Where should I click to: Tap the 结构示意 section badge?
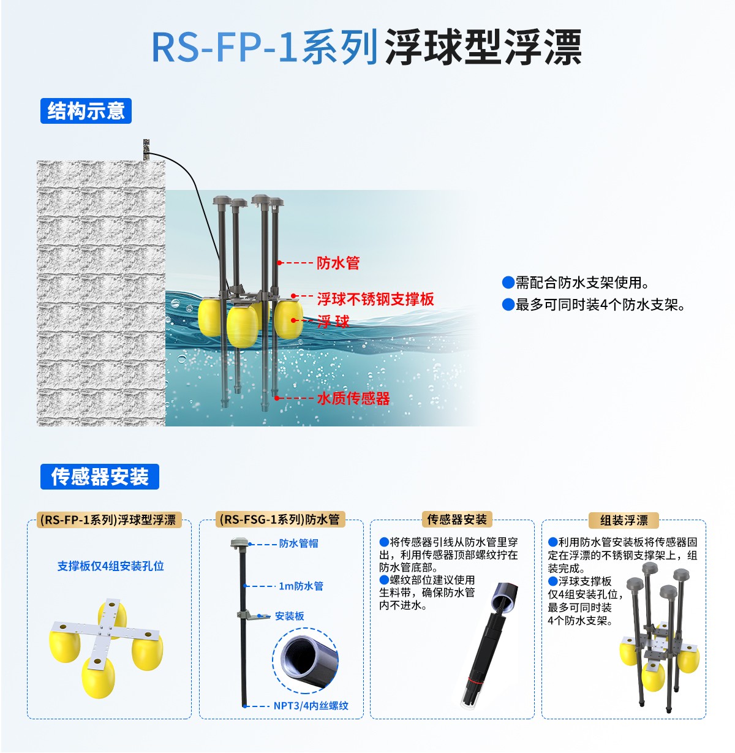click(86, 111)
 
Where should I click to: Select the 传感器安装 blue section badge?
click(100, 477)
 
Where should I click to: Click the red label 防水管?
click(338, 263)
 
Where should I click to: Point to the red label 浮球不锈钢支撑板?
click(375, 299)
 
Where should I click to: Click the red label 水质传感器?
click(353, 398)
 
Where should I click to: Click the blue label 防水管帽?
click(299, 543)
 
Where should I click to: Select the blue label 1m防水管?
click(301, 586)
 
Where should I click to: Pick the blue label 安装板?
click(290, 616)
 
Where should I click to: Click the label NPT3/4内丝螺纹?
click(311, 706)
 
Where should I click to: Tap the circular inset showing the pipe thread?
click(305, 660)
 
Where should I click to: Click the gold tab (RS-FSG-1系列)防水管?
click(280, 520)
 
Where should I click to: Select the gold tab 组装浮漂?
click(624, 520)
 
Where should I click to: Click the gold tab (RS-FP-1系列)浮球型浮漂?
click(108, 520)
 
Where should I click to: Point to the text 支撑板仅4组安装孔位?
click(111, 566)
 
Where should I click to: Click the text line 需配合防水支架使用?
click(582, 282)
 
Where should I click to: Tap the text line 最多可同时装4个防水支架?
click(600, 305)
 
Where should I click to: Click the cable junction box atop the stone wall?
click(146, 149)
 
